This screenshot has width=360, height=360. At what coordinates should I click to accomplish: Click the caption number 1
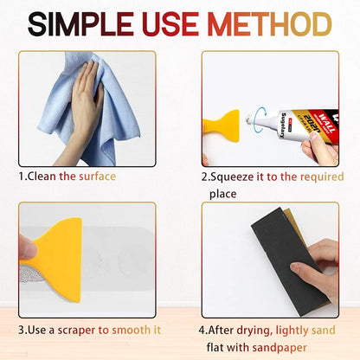[x=21, y=176]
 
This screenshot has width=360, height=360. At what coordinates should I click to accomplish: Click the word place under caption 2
[x=222, y=193]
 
